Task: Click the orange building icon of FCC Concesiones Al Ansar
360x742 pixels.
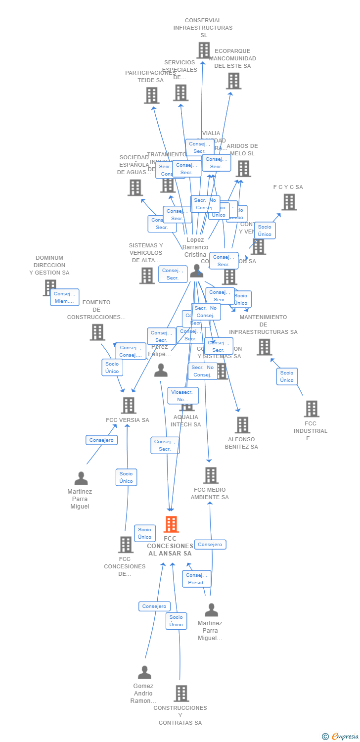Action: pos(171,524)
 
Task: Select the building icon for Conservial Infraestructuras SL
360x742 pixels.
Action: pos(204,50)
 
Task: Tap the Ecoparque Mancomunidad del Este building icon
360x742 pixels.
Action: pos(233,81)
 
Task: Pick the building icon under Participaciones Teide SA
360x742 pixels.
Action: pos(151,95)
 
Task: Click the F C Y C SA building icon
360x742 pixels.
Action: pos(289,202)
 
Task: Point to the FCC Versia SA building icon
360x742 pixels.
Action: pos(129,406)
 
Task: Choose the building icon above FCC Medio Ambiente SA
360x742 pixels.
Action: pos(211,475)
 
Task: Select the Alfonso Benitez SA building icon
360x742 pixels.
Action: pos(242,425)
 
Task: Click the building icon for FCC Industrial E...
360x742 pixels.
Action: pos(312,409)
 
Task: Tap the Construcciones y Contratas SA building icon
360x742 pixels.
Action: pos(181,694)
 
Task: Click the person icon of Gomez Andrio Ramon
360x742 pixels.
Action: pos(144,673)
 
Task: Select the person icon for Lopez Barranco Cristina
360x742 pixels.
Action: pos(197,270)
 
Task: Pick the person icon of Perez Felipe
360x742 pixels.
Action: pos(161,370)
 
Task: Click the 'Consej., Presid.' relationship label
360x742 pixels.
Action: pos(196,579)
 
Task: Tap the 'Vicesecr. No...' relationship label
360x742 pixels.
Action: pos(183,395)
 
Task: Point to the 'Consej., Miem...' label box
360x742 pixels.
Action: pos(64,297)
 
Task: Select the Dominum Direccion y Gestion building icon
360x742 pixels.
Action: pos(50,287)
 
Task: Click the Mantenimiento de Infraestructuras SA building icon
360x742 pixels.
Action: pos(264,347)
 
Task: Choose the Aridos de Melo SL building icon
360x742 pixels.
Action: pos(243,169)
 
